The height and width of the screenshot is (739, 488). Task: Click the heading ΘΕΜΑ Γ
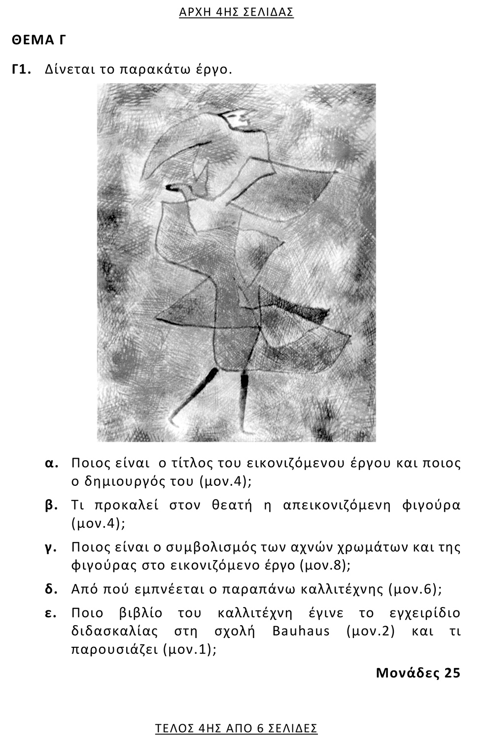[x=39, y=40]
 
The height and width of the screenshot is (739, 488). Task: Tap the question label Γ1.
[x=22, y=69]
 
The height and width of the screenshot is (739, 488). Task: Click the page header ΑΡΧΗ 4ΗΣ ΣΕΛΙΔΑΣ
[x=236, y=12]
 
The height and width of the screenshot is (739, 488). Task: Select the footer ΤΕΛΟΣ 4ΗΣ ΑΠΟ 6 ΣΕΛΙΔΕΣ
[x=236, y=728]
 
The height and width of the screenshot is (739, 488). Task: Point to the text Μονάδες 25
[x=418, y=672]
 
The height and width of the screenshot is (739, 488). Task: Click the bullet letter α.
[x=52, y=463]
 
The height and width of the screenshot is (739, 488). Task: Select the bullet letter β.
[x=52, y=505]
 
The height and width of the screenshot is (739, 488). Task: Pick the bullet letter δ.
[x=51, y=589]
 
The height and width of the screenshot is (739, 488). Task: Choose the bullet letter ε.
[x=51, y=613]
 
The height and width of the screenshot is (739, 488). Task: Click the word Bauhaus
[x=301, y=631]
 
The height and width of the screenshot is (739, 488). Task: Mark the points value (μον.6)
[x=414, y=589]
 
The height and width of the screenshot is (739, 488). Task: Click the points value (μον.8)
[x=324, y=565]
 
